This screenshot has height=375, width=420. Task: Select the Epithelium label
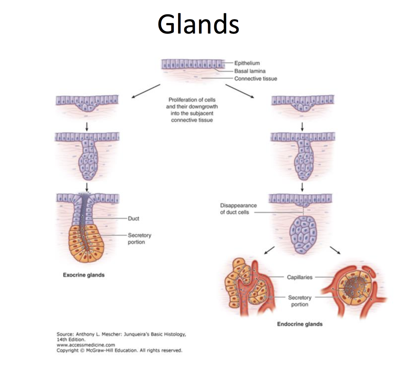pos(247,63)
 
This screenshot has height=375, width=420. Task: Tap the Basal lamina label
pos(250,71)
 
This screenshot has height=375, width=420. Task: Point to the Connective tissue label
pos(255,79)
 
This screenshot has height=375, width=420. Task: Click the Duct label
pos(133,218)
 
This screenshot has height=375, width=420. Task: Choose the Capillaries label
pos(299,277)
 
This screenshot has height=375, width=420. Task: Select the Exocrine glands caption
pos(83,275)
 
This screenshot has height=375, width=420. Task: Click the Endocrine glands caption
pos(300,324)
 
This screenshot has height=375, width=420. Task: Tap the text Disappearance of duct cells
pos(238,209)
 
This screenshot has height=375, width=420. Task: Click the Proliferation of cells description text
pos(192,110)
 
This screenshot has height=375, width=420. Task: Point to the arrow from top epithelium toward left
pos(145,91)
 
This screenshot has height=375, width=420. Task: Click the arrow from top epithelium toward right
pos(240,91)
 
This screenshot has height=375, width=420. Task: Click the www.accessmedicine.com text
pos(86,345)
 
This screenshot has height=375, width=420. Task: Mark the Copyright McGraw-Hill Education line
pos(119,350)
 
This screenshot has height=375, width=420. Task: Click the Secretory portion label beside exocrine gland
pos(139,239)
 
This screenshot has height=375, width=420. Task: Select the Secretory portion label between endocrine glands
pos(299,301)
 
